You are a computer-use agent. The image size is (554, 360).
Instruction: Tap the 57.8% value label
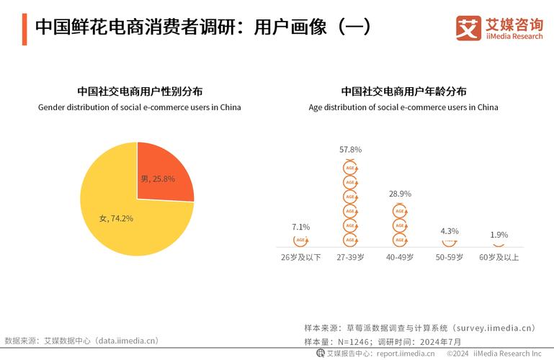pyautogui.click(x=350, y=149)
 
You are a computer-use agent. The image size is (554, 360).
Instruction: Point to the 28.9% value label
pyautogui.click(x=400, y=194)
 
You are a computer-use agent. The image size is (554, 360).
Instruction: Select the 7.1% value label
pyautogui.click(x=300, y=227)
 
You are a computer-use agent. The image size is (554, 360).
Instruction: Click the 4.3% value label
pyautogui.click(x=450, y=231)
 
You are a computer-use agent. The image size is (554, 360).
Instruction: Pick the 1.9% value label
pyautogui.click(x=499, y=235)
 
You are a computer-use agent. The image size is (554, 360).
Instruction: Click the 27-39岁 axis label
pyautogui.click(x=350, y=257)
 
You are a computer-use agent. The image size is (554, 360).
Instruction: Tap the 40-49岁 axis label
pyautogui.click(x=400, y=257)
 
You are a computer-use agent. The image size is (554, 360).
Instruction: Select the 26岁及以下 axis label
pyautogui.click(x=300, y=257)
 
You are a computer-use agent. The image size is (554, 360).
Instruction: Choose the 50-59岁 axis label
pyautogui.click(x=450, y=257)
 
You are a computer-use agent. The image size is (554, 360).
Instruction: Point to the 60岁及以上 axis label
pyautogui.click(x=499, y=257)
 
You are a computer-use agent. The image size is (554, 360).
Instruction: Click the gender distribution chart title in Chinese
pyautogui.click(x=140, y=91)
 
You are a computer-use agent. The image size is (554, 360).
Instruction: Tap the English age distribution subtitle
pyautogui.click(x=403, y=107)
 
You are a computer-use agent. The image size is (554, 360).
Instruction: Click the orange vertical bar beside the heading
pyautogui.click(x=24, y=28)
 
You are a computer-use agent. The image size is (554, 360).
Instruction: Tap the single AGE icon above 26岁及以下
pyautogui.click(x=300, y=240)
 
